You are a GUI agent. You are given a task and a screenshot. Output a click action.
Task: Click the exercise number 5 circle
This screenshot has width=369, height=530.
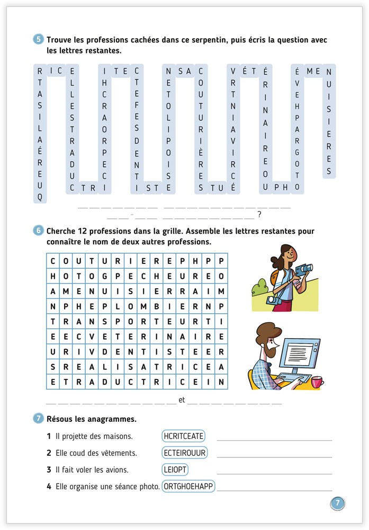39,40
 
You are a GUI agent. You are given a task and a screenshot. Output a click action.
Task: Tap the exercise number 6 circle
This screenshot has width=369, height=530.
39,231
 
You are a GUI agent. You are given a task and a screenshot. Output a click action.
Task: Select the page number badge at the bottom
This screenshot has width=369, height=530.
337,503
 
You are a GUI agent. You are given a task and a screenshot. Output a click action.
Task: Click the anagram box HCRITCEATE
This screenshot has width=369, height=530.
184,436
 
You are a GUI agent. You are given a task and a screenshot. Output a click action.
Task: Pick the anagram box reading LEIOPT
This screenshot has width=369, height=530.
175,470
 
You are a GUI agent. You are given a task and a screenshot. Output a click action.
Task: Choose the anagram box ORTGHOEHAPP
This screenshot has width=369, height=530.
188,487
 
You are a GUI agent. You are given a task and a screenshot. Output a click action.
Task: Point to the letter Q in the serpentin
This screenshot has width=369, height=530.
40,197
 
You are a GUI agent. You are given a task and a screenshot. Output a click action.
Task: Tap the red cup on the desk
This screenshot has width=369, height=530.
317,382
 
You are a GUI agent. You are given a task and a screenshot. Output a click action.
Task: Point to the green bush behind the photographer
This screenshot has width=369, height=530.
259,288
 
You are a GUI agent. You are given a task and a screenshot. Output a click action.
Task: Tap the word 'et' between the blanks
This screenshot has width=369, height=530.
182,400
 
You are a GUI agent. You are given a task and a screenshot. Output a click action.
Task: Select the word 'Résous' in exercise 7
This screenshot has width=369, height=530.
60,419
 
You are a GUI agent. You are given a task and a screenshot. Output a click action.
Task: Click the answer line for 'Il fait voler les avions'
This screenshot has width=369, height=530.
274,473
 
